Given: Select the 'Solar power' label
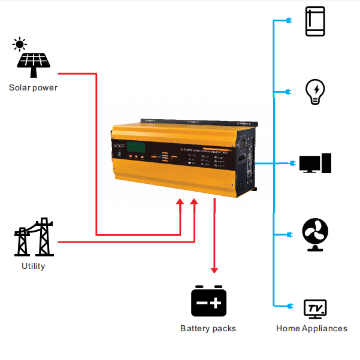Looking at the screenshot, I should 33,87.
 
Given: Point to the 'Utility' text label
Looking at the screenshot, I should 33,266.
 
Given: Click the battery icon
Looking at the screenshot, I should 208,301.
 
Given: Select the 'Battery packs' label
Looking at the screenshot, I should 208,328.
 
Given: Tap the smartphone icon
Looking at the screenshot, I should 314,22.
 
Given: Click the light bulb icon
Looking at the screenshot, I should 314,92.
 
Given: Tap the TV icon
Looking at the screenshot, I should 314,308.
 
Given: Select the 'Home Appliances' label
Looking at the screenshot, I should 311,328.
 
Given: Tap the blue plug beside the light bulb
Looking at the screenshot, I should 288,92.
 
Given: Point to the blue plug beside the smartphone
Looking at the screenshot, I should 288,22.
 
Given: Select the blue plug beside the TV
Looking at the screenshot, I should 288,307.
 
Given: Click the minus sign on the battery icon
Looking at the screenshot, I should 201,304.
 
